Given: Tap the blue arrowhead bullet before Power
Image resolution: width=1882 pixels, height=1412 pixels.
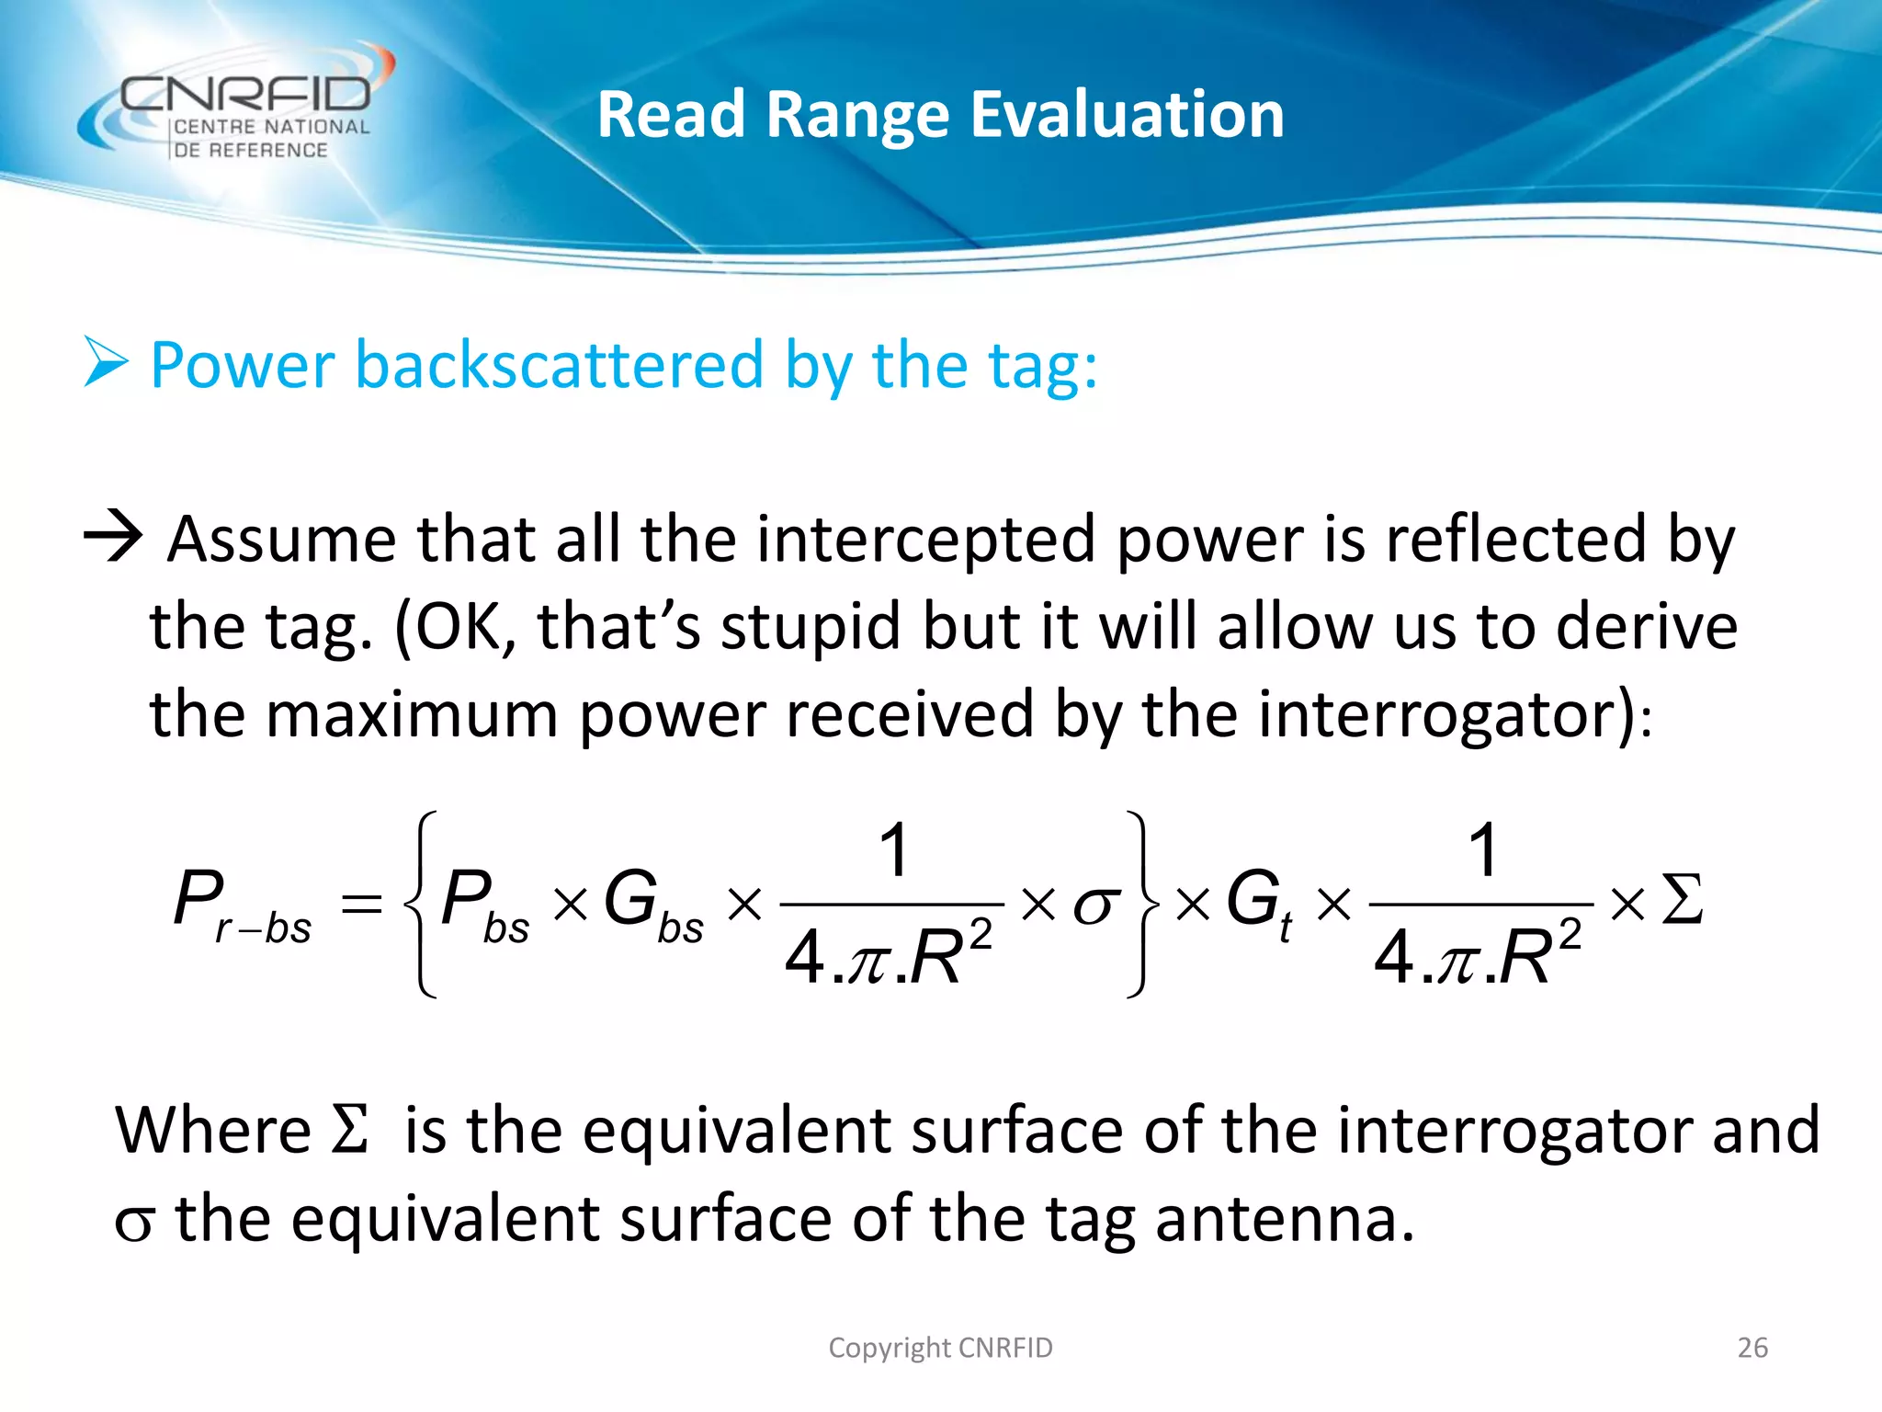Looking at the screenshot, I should [106, 362].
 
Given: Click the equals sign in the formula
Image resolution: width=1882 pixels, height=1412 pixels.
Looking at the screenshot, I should [361, 903].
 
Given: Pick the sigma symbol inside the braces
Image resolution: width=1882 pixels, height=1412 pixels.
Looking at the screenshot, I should [1096, 905].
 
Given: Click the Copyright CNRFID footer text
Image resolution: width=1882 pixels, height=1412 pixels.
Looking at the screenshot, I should [940, 1348].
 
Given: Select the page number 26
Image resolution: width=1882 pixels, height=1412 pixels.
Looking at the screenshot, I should [1752, 1348].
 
